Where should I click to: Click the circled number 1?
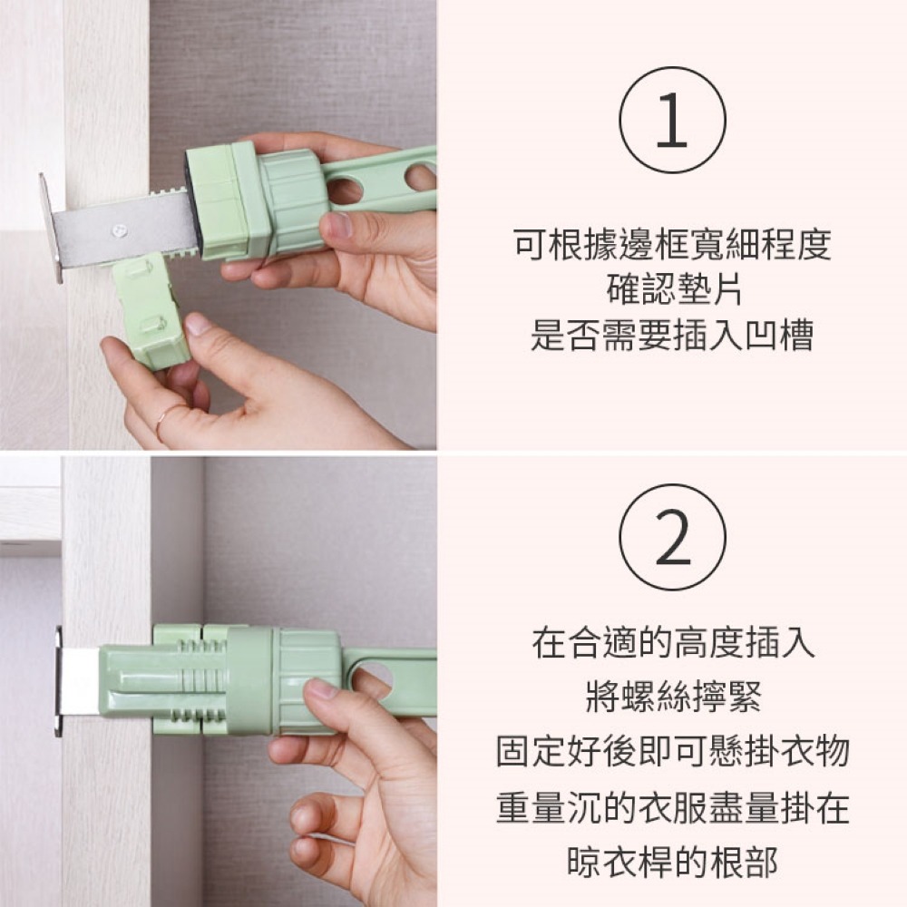click(x=672, y=121)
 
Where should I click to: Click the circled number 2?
click(x=672, y=537)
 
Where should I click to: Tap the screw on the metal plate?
click(x=120, y=230)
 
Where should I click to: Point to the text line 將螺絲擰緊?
click(x=673, y=696)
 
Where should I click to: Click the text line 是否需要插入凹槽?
click(x=672, y=335)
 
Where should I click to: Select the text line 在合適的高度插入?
click(x=673, y=642)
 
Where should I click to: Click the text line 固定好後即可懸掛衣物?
click(x=673, y=750)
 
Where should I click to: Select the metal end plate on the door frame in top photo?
click(x=52, y=229)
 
